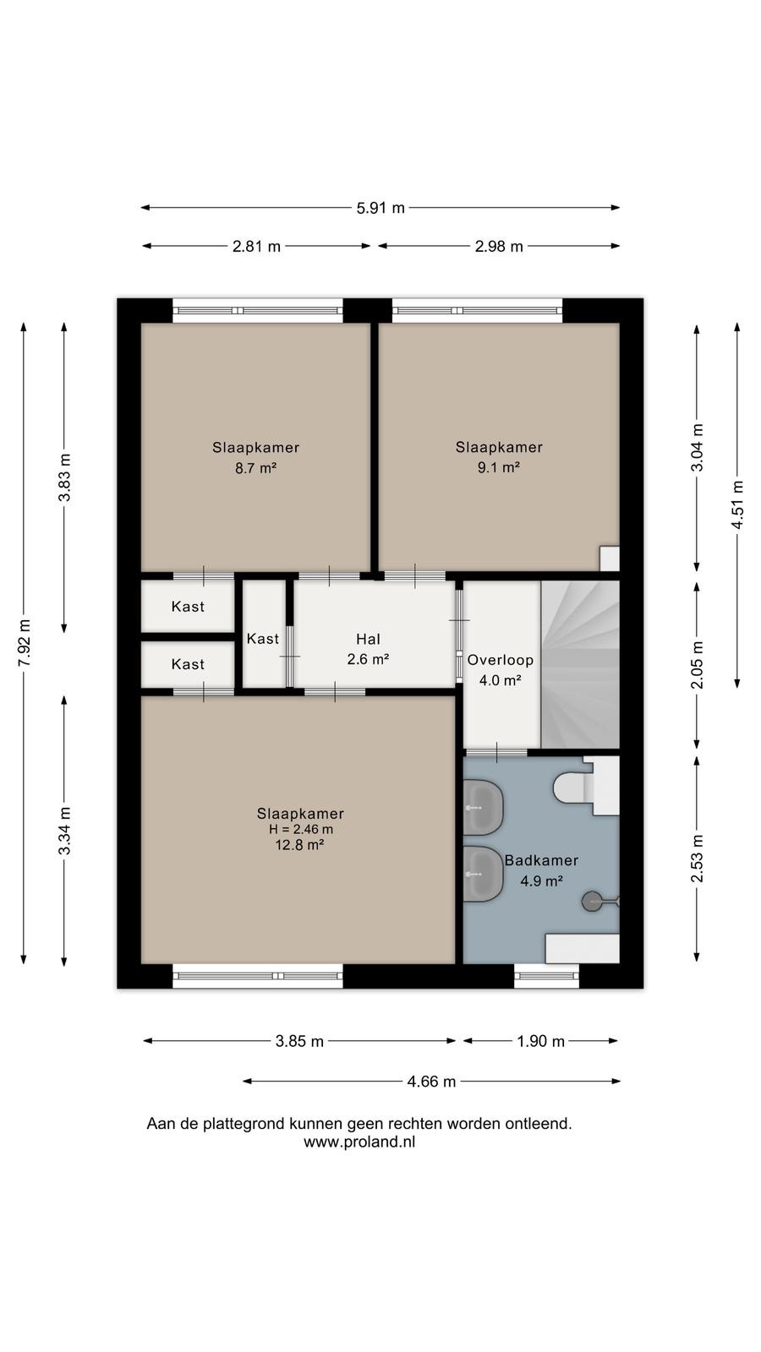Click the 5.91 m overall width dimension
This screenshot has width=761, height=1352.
380,208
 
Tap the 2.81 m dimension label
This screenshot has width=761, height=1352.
257,246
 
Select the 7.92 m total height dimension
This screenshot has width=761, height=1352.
25,643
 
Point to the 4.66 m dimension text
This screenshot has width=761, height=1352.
431,1081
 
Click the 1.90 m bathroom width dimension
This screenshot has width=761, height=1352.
540,1040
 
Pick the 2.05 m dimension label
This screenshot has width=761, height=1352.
698,664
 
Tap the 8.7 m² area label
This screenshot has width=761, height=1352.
256,468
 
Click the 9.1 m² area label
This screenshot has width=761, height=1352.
499,467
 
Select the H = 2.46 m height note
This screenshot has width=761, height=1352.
301,829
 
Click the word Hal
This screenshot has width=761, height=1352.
368,639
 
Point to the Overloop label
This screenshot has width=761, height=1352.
500,660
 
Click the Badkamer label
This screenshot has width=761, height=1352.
541,860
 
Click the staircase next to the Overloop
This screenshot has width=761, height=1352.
580,664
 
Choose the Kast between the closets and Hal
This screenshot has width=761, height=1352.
263,639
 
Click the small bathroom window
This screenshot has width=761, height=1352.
546,975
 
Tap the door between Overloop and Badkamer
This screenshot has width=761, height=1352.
496,752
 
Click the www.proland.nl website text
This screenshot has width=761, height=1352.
359,1142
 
